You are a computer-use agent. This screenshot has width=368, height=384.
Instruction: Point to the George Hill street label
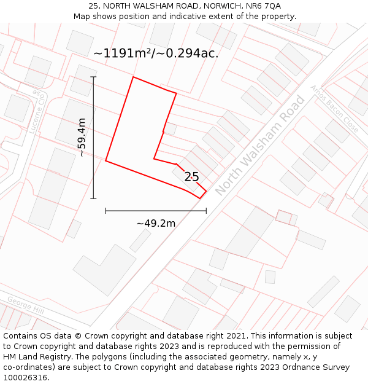tap(25, 305)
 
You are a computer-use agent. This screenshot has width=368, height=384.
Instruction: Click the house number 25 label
tap(191, 177)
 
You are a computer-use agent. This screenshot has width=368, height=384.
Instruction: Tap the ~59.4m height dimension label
tap(82, 138)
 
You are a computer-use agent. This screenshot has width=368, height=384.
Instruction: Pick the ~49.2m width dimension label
tap(156, 223)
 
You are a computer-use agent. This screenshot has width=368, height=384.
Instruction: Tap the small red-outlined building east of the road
tap(283, 216)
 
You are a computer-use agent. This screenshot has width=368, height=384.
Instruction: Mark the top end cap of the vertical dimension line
tap(93, 77)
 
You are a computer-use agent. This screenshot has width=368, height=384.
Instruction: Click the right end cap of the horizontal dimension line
tap(206, 211)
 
